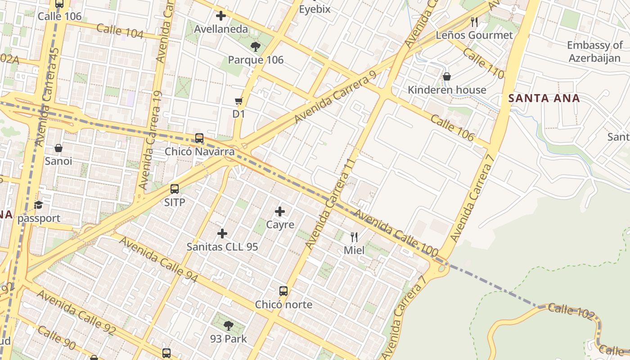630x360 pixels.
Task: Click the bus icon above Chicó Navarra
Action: pyautogui.click(x=199, y=138)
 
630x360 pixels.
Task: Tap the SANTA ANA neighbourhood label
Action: pyautogui.click(x=544, y=98)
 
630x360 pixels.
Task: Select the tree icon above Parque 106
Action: pyautogui.click(x=255, y=46)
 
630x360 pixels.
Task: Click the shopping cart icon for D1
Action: pyautogui.click(x=238, y=101)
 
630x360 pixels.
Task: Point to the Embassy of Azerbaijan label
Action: pyautogui.click(x=594, y=52)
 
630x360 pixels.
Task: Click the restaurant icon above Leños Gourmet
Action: pyautogui.click(x=474, y=21)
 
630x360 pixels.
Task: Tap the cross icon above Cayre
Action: pyautogui.click(x=280, y=211)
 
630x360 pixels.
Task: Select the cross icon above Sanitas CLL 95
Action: pyautogui.click(x=222, y=233)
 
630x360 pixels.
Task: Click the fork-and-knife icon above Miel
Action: pyautogui.click(x=354, y=237)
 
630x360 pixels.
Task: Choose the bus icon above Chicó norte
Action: pyautogui.click(x=283, y=291)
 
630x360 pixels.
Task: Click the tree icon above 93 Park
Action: pyautogui.click(x=229, y=325)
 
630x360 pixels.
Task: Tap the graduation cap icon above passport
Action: pyautogui.click(x=39, y=205)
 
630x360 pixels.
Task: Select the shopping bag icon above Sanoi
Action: pyautogui.click(x=58, y=148)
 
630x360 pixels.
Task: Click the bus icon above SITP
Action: pyautogui.click(x=175, y=189)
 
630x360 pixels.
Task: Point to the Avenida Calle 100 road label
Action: pyautogui.click(x=396, y=234)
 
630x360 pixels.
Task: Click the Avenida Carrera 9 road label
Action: pyautogui.click(x=335, y=98)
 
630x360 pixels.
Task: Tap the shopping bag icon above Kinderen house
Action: pyautogui.click(x=447, y=76)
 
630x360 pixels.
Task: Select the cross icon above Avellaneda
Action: pyautogui.click(x=220, y=16)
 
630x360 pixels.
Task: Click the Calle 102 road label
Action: pyautogui.click(x=571, y=311)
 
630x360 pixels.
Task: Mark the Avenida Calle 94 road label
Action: pyautogui.click(x=158, y=260)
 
